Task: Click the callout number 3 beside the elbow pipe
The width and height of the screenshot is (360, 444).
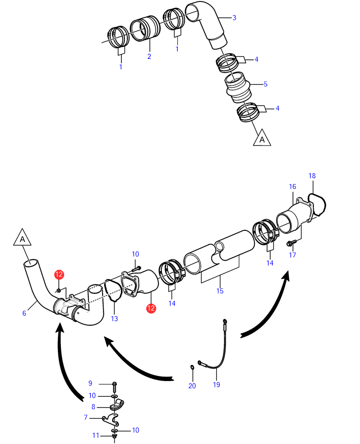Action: (x=234, y=18)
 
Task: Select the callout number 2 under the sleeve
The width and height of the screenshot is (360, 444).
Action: (x=149, y=56)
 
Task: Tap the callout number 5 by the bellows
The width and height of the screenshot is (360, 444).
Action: (x=266, y=84)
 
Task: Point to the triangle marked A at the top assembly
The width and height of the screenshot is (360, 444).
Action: (x=262, y=138)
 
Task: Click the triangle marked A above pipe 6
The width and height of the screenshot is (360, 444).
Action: (x=22, y=238)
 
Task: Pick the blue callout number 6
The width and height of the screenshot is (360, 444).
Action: (x=24, y=313)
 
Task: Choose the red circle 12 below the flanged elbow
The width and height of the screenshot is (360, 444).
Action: (x=151, y=308)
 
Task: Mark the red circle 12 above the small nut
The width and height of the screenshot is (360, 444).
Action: (x=59, y=275)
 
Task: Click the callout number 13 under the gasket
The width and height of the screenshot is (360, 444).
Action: (x=114, y=319)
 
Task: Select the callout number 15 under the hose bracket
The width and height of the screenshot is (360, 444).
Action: (x=220, y=291)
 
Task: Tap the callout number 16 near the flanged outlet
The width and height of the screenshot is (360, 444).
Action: (x=292, y=187)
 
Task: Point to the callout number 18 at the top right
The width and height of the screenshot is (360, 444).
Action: (x=312, y=176)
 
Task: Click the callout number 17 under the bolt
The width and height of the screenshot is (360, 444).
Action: (x=292, y=255)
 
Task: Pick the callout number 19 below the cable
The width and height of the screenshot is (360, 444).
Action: (x=217, y=385)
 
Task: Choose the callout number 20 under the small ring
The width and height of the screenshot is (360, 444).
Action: (x=192, y=386)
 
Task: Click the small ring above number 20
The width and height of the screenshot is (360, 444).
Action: (x=192, y=367)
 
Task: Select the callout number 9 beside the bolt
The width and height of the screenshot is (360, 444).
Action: (x=90, y=383)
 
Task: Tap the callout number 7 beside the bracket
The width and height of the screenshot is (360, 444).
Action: (x=86, y=418)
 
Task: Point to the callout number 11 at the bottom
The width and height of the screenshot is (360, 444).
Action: (x=96, y=435)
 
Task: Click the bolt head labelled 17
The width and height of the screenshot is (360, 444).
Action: (x=289, y=243)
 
